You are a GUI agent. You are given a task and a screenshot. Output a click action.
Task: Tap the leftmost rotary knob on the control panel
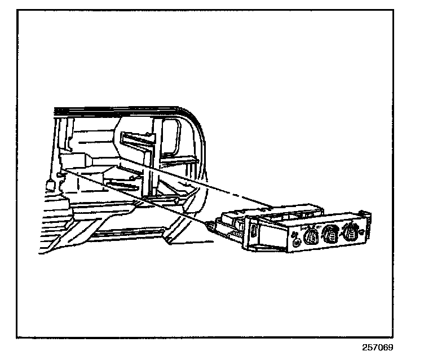[x=310, y=236]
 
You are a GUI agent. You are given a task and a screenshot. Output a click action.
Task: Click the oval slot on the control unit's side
[x=255, y=231]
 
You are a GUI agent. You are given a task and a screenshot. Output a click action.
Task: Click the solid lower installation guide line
[x=141, y=195]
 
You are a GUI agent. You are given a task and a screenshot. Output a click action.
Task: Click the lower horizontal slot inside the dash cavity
[x=121, y=183]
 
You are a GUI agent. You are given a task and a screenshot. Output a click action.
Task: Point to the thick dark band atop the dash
[x=118, y=108]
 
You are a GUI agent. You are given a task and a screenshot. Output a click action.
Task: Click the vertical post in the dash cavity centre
[x=148, y=175]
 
